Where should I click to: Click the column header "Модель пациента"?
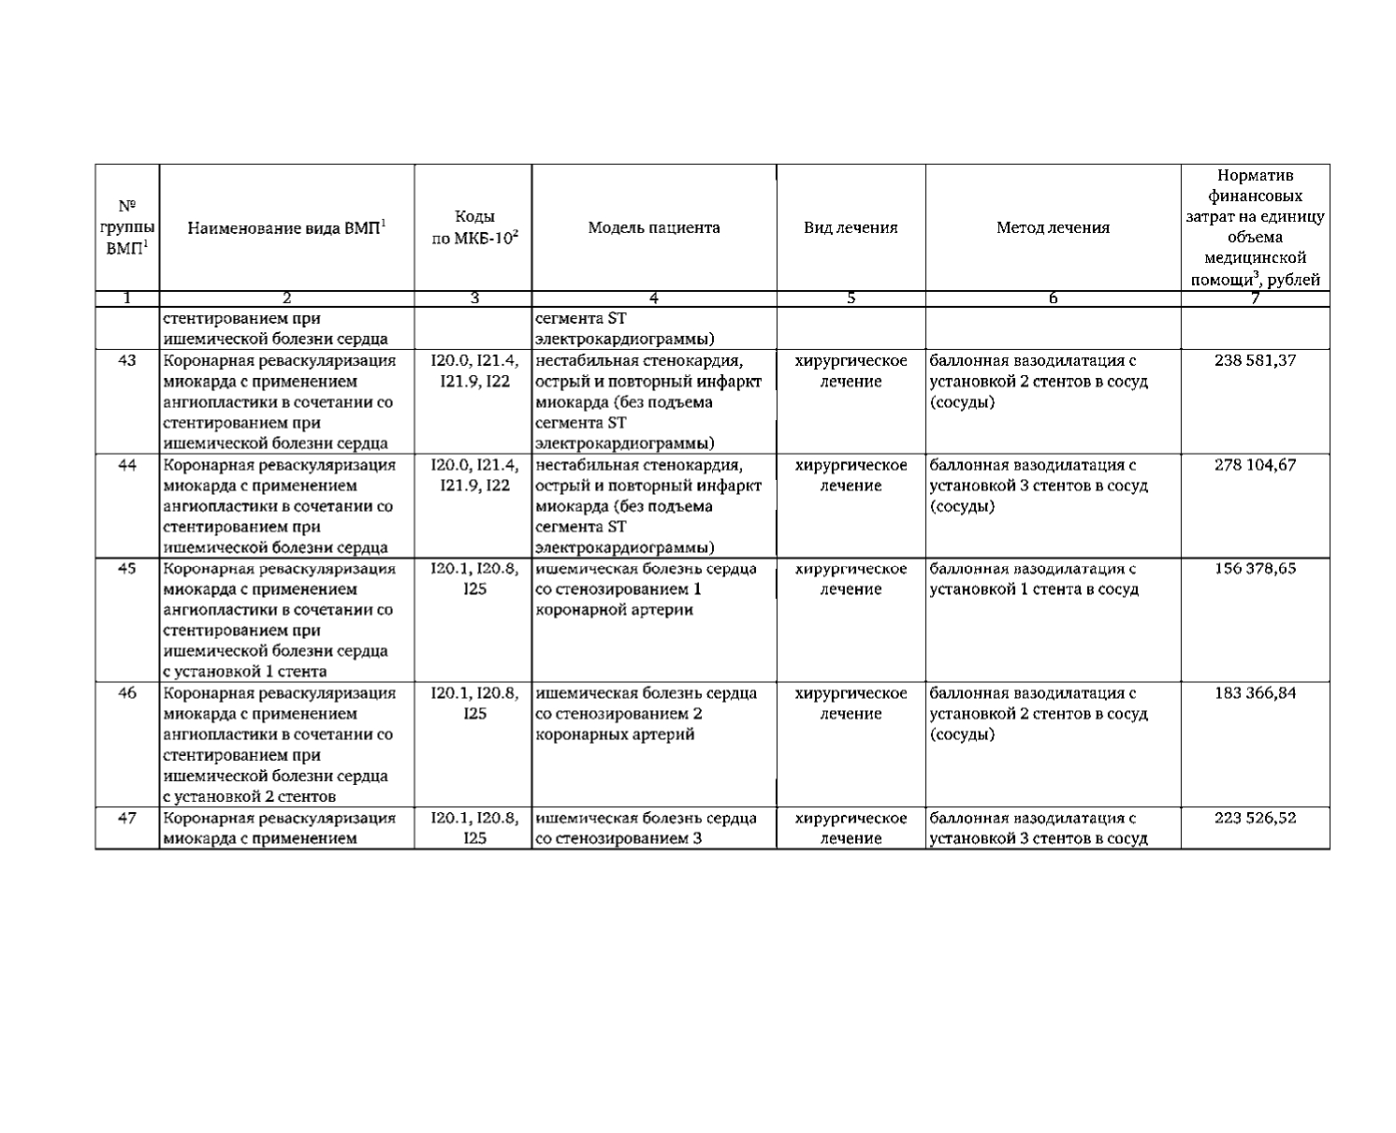click(x=654, y=227)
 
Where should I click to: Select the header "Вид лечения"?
click(x=851, y=227)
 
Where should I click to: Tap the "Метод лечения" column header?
click(x=1053, y=227)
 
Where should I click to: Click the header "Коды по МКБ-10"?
click(x=474, y=227)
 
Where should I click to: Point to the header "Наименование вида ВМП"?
click(x=287, y=227)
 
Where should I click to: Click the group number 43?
click(x=128, y=360)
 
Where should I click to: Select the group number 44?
click(x=128, y=465)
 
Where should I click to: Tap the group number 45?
click(x=128, y=569)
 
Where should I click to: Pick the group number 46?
click(x=128, y=693)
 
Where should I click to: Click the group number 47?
click(x=128, y=818)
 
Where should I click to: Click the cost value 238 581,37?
click(x=1255, y=360)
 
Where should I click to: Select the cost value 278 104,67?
click(x=1255, y=465)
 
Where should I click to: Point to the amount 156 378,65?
click(x=1255, y=569)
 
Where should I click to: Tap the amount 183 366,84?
click(x=1255, y=693)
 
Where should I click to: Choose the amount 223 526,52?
click(x=1255, y=818)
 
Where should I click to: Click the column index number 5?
click(x=851, y=298)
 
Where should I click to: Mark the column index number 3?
click(x=474, y=298)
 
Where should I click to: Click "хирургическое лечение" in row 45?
click(x=851, y=579)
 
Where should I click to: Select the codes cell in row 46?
click(x=474, y=704)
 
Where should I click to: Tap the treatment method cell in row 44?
click(x=1039, y=486)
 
